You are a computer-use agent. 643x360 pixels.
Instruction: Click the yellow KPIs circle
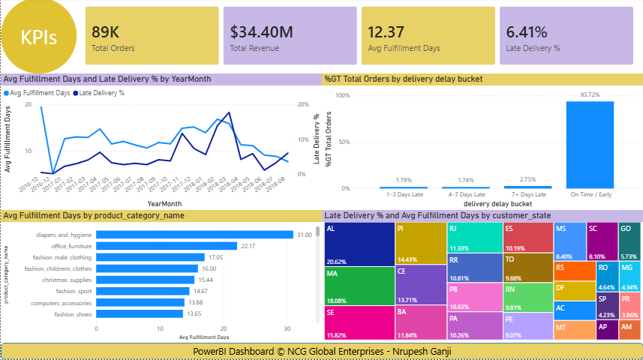tap(38, 37)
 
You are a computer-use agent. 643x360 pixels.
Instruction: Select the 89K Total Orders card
tap(155, 35)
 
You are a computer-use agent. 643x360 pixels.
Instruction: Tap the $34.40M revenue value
tap(261, 32)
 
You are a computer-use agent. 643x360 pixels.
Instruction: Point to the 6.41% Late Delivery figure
tap(527, 32)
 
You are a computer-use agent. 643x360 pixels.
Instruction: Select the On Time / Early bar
tap(590, 145)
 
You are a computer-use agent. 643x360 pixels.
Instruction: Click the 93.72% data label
tap(590, 95)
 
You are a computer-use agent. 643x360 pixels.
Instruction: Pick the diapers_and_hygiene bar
tap(194, 235)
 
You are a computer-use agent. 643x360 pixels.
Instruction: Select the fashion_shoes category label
tap(73, 314)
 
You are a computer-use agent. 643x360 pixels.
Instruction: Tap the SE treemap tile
tap(359, 322)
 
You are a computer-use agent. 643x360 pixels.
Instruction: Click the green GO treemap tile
tap(629, 241)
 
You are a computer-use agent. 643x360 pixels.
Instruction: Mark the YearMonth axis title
tap(164, 203)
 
